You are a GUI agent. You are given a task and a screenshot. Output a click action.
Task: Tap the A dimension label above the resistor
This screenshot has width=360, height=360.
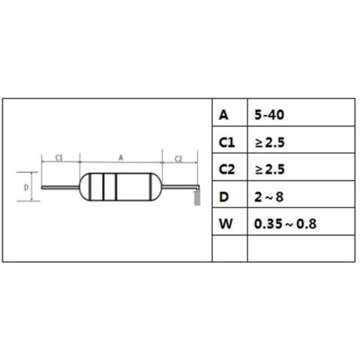click(121, 157)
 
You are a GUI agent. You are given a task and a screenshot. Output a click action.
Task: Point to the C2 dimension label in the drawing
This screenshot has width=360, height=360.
click(179, 158)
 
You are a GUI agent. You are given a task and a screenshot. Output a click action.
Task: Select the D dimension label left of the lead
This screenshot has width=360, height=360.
click(26, 187)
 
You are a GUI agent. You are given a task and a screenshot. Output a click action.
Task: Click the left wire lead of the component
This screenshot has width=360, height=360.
click(60, 187)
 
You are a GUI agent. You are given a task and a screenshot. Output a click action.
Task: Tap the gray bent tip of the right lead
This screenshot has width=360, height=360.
click(195, 197)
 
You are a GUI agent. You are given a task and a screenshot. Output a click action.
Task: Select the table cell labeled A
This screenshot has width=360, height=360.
click(224, 115)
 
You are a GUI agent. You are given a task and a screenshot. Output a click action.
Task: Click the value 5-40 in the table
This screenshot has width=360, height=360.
click(269, 115)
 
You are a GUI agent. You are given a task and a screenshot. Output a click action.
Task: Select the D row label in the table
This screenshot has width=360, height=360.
click(224, 197)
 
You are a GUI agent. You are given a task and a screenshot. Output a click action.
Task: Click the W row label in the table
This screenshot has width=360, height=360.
click(225, 224)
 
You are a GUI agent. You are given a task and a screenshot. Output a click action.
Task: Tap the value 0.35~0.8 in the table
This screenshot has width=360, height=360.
click(285, 224)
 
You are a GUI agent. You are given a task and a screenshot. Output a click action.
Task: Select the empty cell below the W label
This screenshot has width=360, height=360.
click(230, 249)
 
